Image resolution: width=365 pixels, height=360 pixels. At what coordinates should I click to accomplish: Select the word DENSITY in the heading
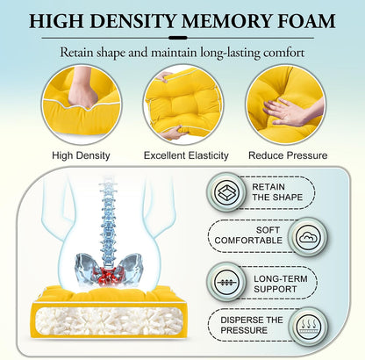(132, 21)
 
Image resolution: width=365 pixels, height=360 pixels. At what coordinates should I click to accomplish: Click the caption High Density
(81, 155)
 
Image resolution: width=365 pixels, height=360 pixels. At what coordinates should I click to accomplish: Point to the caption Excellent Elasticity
(186, 155)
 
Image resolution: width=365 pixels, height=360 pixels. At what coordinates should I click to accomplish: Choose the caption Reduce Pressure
(288, 155)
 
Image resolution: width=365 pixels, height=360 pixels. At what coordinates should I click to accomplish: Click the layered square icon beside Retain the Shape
(226, 192)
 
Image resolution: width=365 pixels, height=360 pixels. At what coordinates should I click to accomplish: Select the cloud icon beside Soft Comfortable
(308, 237)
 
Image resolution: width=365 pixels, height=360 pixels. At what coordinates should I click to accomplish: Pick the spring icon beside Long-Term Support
(226, 282)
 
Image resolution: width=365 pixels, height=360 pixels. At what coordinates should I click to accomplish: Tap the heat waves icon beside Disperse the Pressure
(308, 326)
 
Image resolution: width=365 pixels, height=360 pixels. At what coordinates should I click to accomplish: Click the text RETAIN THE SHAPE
(277, 192)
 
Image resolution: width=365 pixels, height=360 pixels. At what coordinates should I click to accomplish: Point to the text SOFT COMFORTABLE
(248, 235)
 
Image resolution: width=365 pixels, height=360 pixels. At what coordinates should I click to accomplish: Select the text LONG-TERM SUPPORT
(281, 284)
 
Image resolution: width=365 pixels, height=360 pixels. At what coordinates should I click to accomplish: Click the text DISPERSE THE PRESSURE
(252, 325)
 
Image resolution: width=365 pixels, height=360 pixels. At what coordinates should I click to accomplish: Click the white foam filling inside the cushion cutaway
(109, 320)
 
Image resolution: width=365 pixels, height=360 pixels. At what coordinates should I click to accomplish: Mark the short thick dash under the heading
(178, 38)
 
